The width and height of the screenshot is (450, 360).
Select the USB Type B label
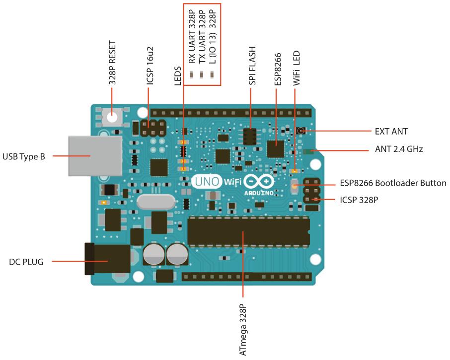click(x=24, y=157)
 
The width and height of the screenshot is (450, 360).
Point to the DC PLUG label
click(x=26, y=261)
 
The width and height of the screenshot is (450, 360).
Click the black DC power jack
click(x=107, y=259)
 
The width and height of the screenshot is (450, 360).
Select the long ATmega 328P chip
click(x=248, y=232)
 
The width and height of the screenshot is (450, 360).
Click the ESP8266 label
click(x=277, y=70)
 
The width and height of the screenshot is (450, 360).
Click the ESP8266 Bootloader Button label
click(x=393, y=183)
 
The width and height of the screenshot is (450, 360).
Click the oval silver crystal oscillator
click(x=156, y=202)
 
